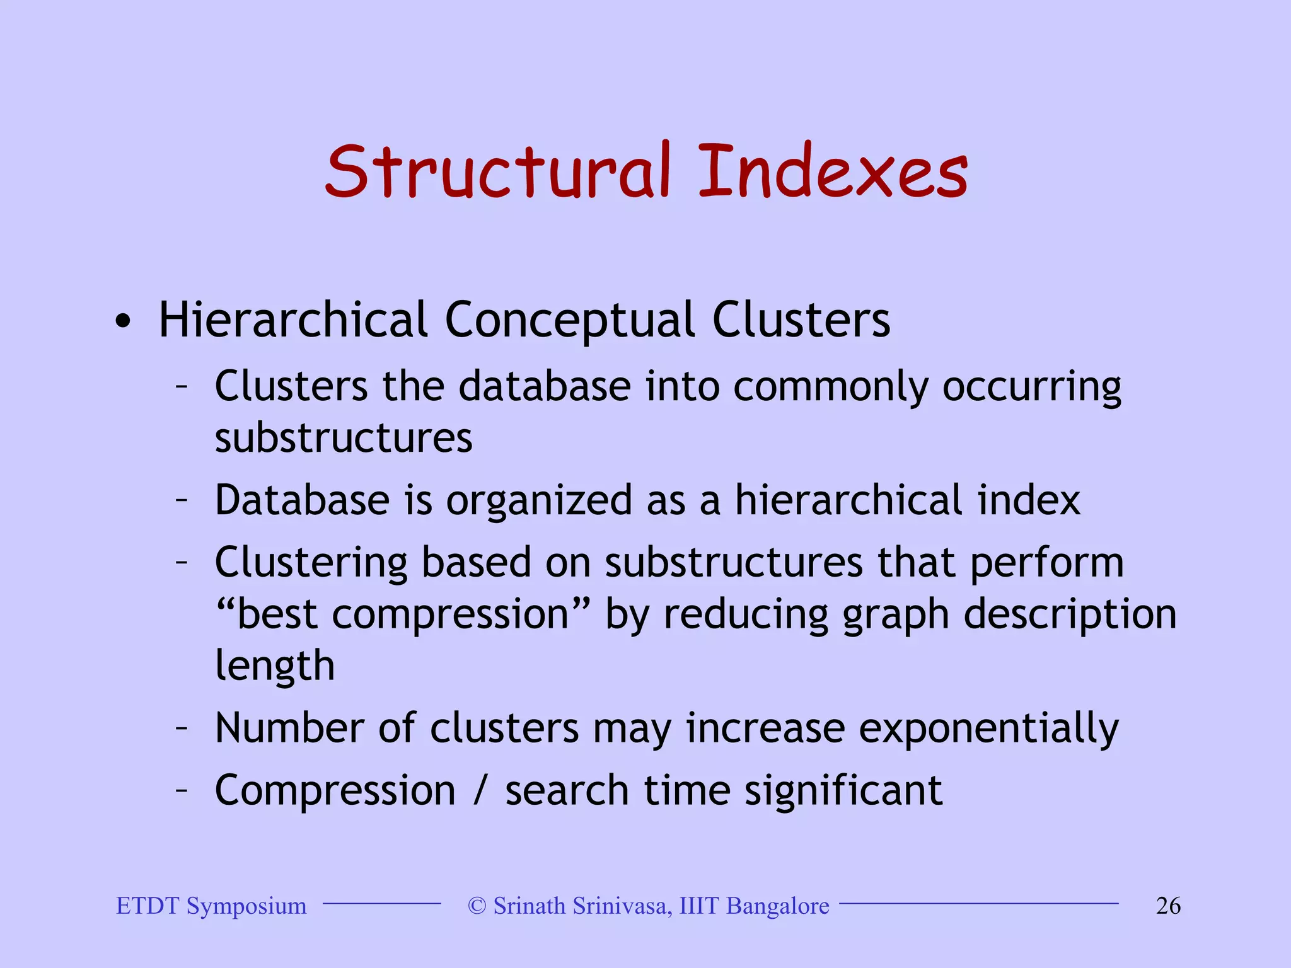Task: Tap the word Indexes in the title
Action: coord(832,171)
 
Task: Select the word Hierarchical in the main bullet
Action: coord(294,320)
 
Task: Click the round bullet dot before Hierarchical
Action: coord(124,322)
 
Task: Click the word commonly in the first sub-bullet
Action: coord(830,387)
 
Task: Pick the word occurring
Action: coord(1032,387)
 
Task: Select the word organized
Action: coord(539,502)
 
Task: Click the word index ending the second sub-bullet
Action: coord(1029,500)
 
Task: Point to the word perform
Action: coord(1046,563)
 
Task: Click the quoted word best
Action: coord(277,614)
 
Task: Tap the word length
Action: coord(275,667)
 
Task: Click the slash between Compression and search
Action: coord(480,791)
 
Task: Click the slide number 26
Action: coord(1168,906)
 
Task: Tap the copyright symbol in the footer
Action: coord(477,906)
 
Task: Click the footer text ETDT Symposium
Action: coord(212,906)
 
